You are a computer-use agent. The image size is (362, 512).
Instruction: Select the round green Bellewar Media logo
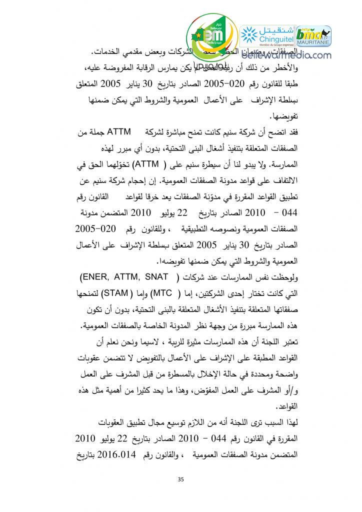[209, 37]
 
